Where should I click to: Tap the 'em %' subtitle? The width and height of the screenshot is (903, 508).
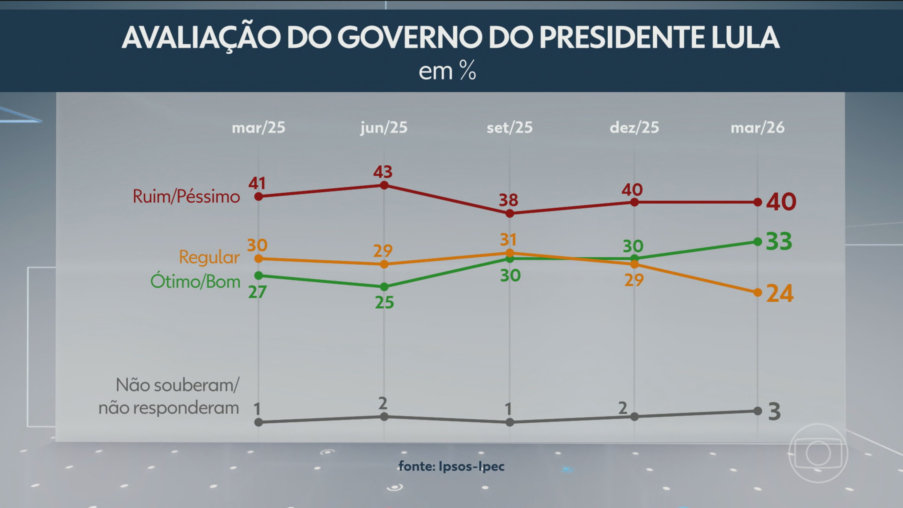[x=447, y=71]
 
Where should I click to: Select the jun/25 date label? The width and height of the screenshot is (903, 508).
[x=384, y=128]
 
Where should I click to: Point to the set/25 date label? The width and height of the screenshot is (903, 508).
[x=509, y=128]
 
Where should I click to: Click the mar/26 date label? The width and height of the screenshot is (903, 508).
[x=757, y=128]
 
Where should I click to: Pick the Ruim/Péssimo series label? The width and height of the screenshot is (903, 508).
[x=186, y=197]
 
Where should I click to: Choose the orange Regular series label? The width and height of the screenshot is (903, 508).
[x=209, y=257]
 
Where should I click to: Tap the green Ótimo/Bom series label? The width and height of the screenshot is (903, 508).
[x=195, y=282]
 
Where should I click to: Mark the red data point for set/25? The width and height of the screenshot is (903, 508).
[x=510, y=213]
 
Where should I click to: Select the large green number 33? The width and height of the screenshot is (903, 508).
[x=779, y=242]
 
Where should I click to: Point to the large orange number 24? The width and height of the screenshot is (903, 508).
[x=780, y=294]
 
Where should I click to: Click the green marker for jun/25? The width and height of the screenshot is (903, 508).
[x=384, y=287]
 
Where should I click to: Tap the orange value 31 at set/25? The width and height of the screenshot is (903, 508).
[x=508, y=240]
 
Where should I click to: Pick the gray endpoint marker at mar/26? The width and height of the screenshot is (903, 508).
[x=757, y=411]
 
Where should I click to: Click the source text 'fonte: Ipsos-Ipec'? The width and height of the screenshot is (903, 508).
[x=451, y=466]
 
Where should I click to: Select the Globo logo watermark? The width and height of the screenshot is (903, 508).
[x=818, y=453]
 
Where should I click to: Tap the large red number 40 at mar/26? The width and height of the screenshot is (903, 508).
[x=781, y=202]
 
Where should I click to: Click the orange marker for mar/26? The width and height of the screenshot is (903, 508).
[x=757, y=292]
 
